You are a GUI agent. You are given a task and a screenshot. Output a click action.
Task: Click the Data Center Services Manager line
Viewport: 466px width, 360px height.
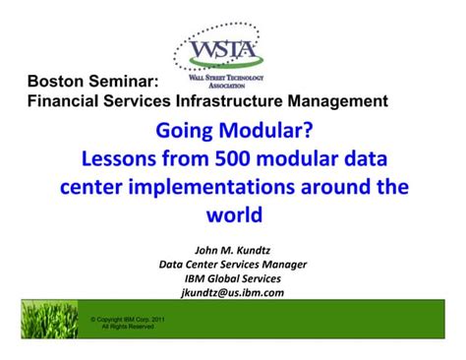pyautogui.click(x=233, y=263)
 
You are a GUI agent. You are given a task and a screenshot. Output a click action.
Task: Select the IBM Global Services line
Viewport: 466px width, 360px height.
pyautogui.click(x=233, y=277)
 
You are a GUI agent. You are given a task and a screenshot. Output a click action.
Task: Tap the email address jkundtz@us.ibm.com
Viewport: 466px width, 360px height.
pyautogui.click(x=233, y=292)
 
